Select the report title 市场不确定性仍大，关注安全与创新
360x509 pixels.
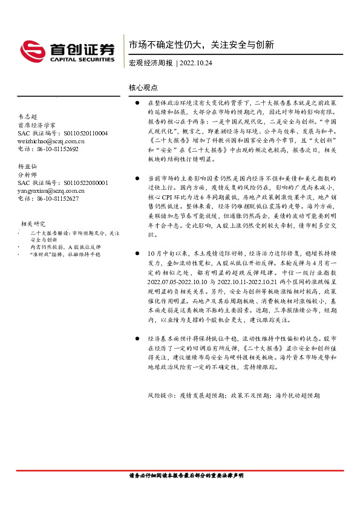click(x=201, y=45)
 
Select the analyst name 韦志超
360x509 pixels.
click(x=27, y=116)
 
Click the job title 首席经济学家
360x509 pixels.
click(x=36, y=125)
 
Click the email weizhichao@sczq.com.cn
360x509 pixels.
click(x=51, y=140)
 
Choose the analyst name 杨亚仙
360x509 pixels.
click(x=27, y=165)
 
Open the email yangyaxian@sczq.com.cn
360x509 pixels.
click(x=52, y=190)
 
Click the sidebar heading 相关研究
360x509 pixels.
click(x=34, y=223)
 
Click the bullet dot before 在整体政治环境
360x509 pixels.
click(x=137, y=104)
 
